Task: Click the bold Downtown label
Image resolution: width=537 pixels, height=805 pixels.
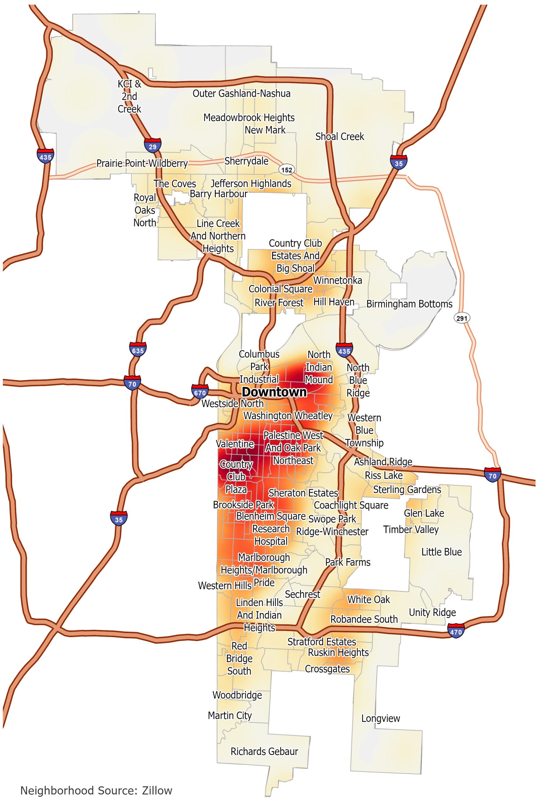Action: click(274, 392)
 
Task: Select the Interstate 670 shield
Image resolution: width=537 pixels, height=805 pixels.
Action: click(200, 392)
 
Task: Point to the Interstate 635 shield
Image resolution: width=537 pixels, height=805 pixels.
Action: click(138, 350)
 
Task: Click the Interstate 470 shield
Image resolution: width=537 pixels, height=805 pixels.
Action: click(456, 631)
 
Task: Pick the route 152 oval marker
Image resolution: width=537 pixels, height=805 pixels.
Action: click(287, 170)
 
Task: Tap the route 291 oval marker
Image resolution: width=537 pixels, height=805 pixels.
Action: click(461, 318)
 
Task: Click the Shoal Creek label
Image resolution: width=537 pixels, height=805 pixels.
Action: click(340, 136)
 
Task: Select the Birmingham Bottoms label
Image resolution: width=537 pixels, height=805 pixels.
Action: click(409, 304)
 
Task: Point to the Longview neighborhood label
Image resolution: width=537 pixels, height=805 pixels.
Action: click(380, 718)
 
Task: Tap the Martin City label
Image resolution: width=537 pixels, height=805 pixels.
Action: click(230, 715)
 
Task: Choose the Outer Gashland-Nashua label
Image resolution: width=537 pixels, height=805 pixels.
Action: click(241, 93)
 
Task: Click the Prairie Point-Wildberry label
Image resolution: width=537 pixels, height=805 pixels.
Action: click(142, 163)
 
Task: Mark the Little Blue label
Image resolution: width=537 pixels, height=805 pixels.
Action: click(441, 552)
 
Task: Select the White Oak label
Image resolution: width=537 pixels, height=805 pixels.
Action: click(368, 599)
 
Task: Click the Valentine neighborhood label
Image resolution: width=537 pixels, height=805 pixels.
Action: click(235, 444)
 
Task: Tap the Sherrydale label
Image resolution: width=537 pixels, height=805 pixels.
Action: click(246, 161)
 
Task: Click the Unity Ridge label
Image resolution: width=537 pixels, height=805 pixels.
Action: click(432, 612)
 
